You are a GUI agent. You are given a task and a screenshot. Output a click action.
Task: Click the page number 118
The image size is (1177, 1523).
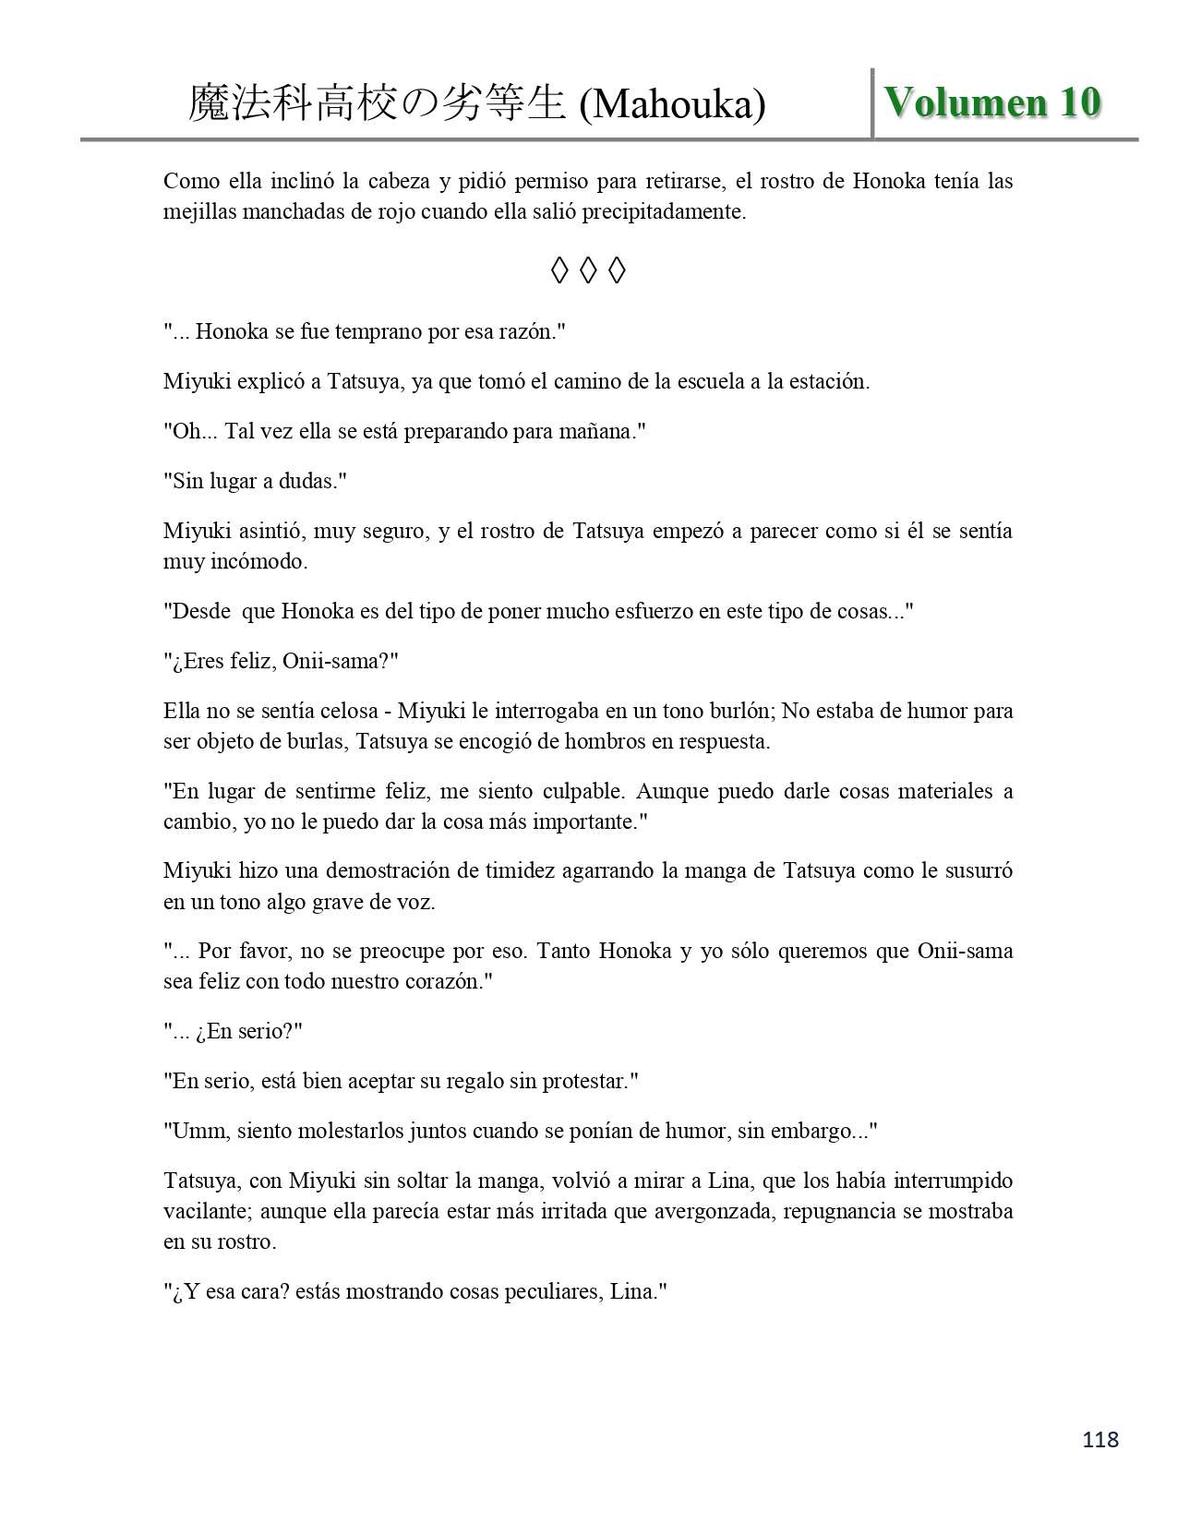click(1100, 1439)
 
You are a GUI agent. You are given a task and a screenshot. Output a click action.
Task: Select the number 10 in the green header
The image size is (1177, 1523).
click(1079, 102)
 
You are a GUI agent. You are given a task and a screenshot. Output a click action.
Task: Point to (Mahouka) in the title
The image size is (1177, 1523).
click(672, 104)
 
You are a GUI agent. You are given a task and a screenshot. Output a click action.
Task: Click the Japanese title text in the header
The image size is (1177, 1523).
click(377, 104)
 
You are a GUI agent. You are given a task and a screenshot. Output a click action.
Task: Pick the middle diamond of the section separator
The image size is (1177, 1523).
click(588, 270)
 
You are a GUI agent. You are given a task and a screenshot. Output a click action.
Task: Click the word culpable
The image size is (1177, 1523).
click(572, 791)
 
